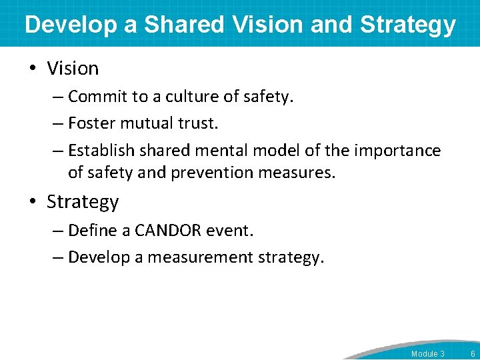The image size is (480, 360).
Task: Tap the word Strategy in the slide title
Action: (x=408, y=25)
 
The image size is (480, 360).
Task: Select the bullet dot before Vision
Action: (x=35, y=69)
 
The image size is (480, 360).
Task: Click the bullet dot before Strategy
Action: (x=35, y=202)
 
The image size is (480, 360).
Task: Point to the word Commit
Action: (x=98, y=97)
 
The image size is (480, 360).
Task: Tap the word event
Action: (x=233, y=231)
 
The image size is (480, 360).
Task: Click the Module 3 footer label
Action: (x=427, y=353)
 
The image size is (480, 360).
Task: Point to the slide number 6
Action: (x=472, y=353)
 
